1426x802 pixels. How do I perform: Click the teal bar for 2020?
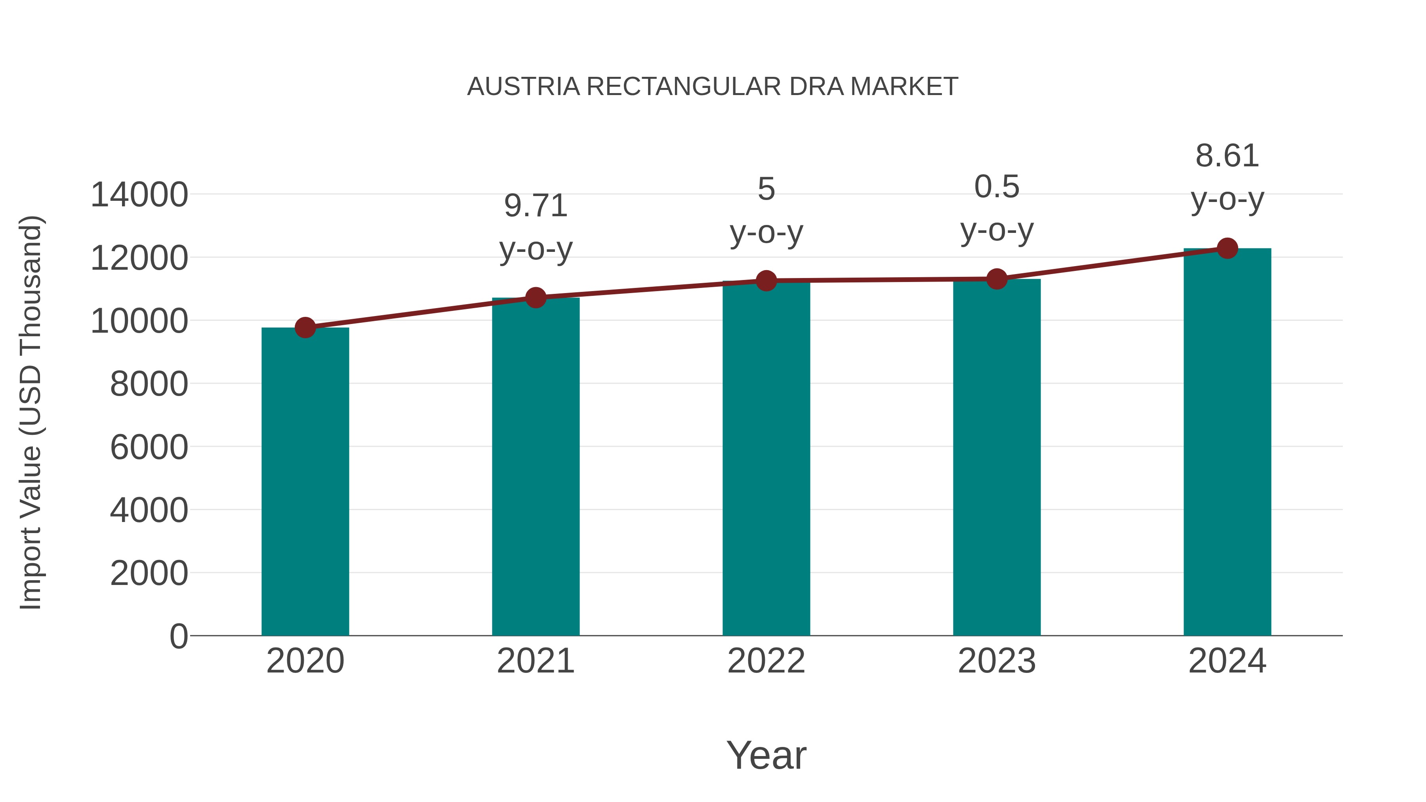pyautogui.click(x=305, y=482)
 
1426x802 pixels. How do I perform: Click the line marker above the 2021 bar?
pyautogui.click(x=535, y=298)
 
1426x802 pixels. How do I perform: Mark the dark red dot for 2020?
pyautogui.click(x=305, y=328)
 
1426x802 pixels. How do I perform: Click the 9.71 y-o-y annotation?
pyautogui.click(x=535, y=227)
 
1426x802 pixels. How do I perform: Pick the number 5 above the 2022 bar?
pyautogui.click(x=766, y=189)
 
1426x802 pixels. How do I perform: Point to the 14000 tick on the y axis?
pyautogui.click(x=139, y=195)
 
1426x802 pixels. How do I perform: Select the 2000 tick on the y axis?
pyautogui.click(x=149, y=573)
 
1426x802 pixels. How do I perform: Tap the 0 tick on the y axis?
pyautogui.click(x=178, y=636)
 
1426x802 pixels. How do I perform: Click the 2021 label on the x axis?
pyautogui.click(x=535, y=661)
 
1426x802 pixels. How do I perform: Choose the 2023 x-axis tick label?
pyautogui.click(x=997, y=661)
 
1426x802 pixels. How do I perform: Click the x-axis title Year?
pyautogui.click(x=766, y=755)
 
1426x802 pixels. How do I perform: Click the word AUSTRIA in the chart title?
pyautogui.click(x=523, y=87)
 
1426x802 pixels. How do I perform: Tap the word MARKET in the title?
pyautogui.click(x=904, y=87)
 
